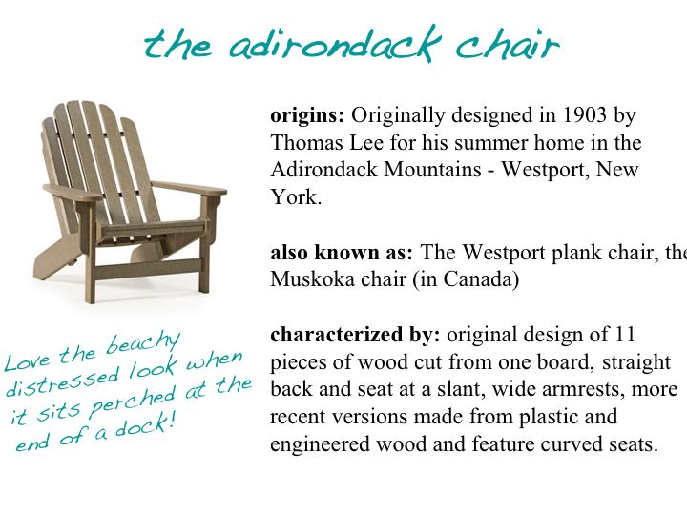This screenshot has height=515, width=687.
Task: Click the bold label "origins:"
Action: [307, 116]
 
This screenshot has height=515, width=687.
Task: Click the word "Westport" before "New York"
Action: [555, 172]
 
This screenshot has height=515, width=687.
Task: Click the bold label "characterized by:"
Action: [355, 336]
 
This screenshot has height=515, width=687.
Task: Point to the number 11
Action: [624, 336]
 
